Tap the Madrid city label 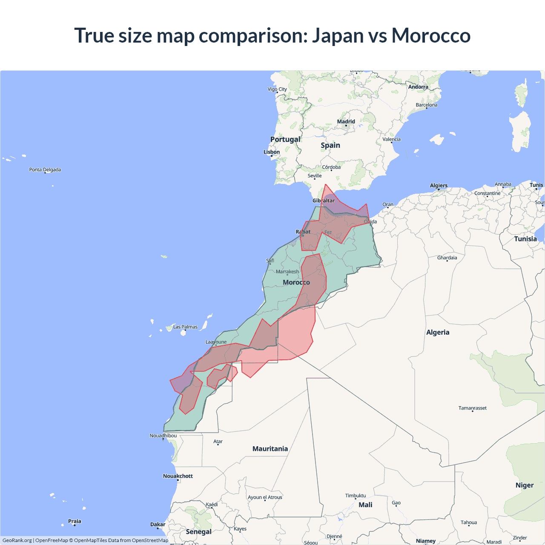346,122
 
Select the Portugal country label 285,139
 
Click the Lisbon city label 272,152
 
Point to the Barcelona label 426,105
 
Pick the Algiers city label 439,186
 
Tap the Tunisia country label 525,239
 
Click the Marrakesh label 287,272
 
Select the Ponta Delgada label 45,170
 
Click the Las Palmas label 185,327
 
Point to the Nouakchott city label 178,476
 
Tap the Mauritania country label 270,449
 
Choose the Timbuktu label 356,496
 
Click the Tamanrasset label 472,408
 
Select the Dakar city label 158,525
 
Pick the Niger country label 524,485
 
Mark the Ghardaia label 447,258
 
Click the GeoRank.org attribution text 17,540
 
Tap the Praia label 75,521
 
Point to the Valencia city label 391,139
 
